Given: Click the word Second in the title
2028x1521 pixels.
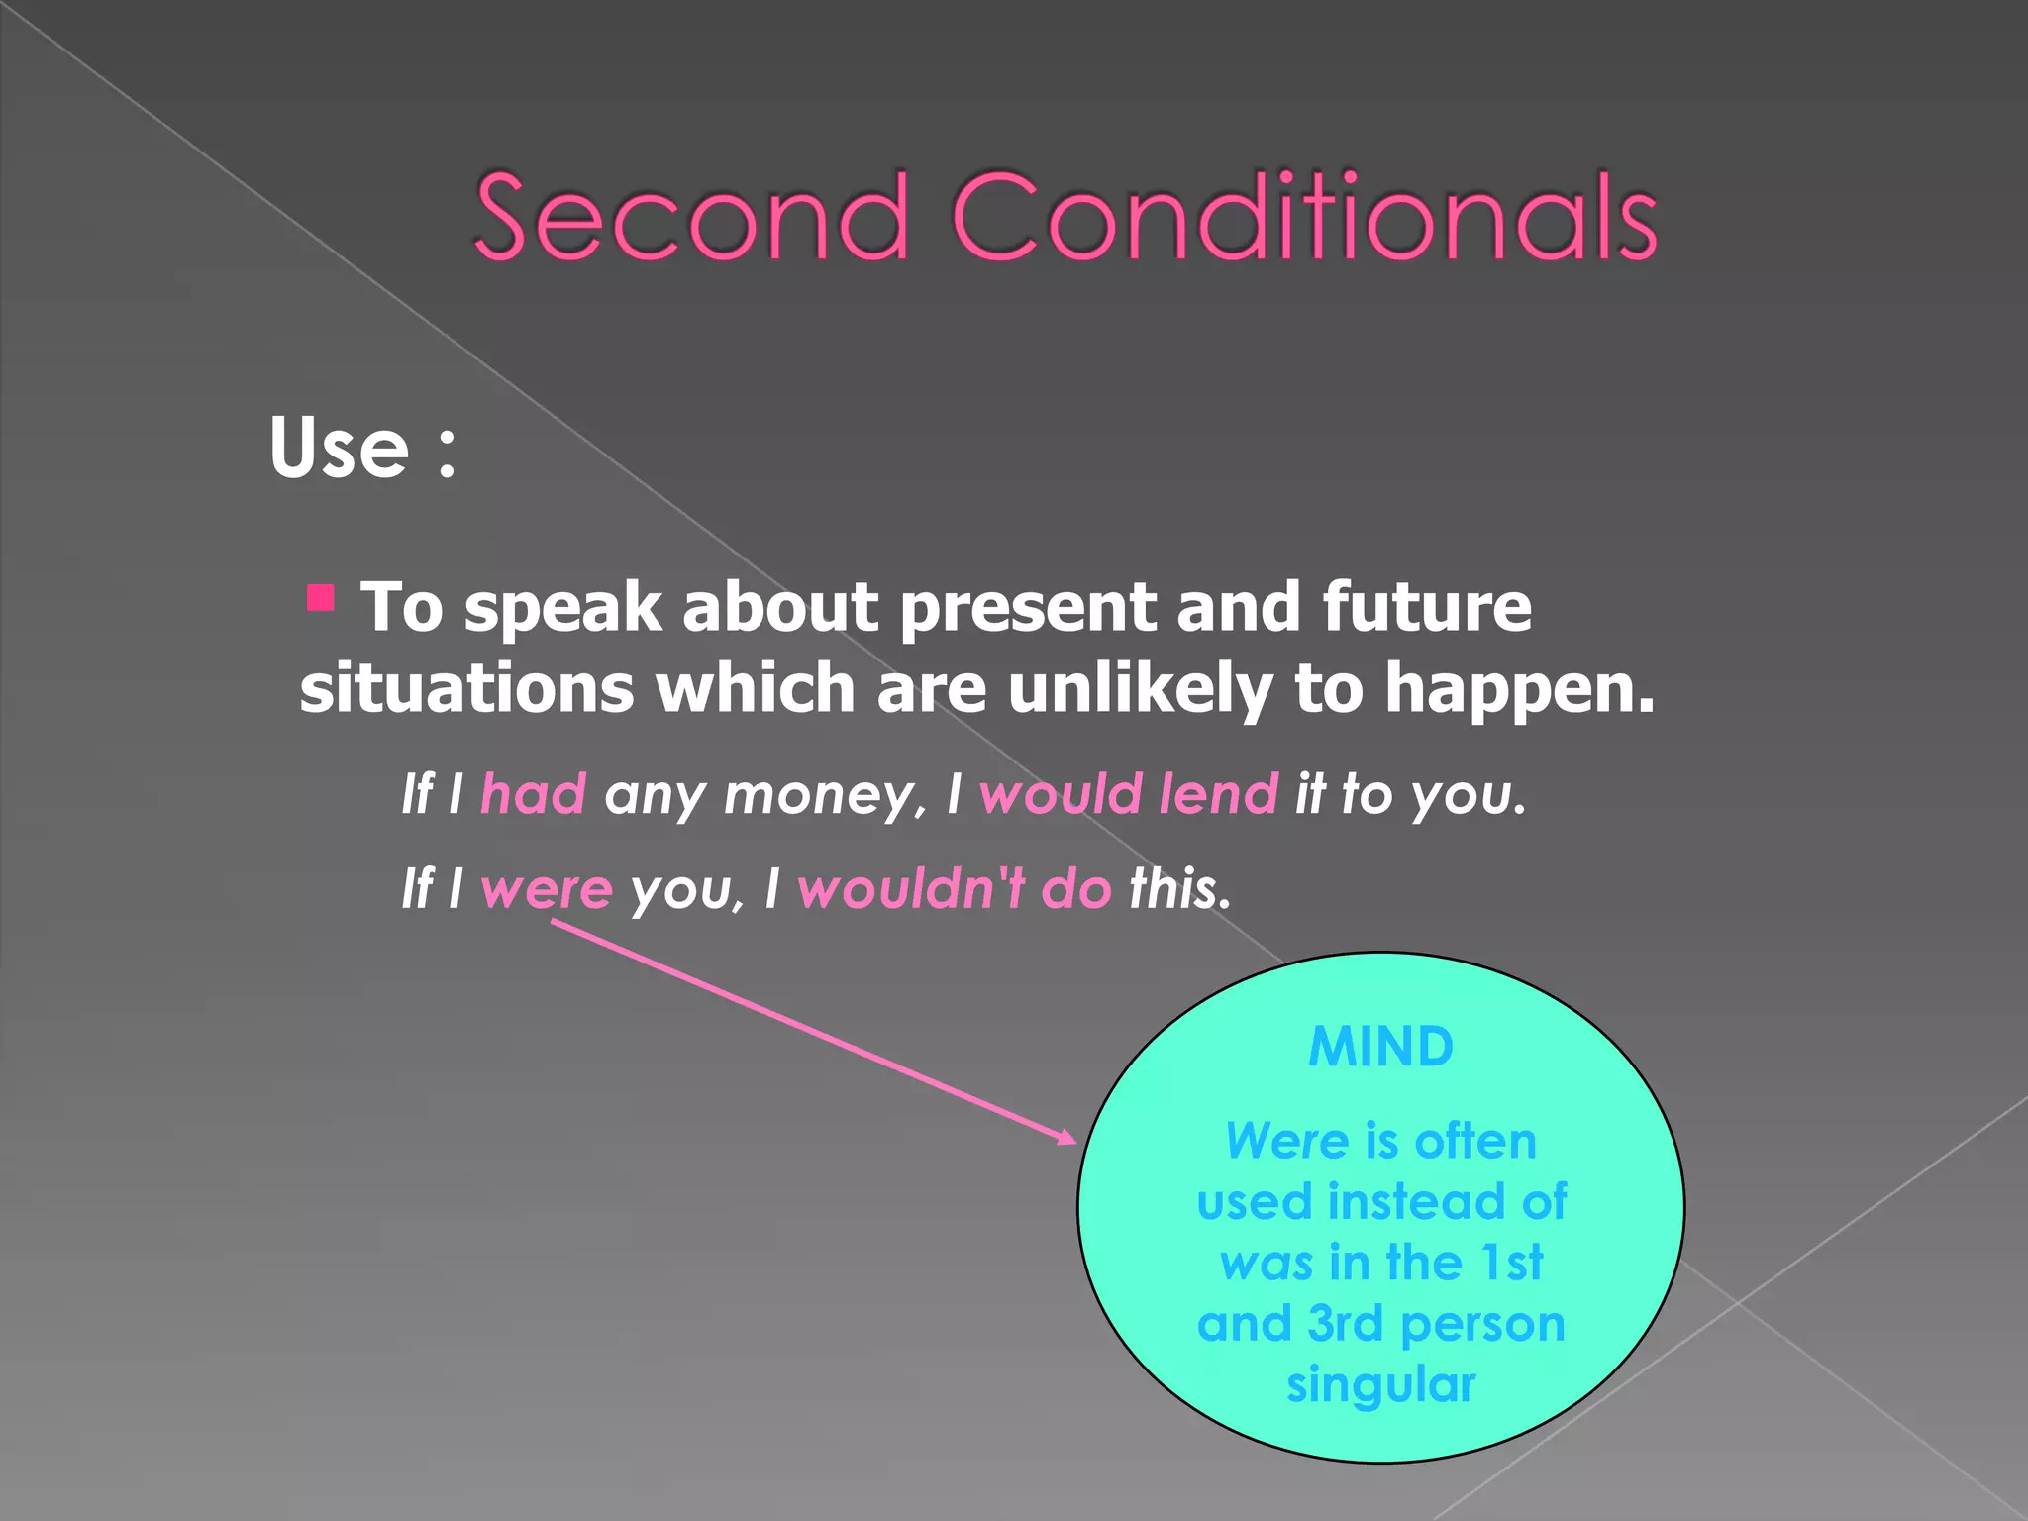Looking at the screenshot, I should (x=690, y=218).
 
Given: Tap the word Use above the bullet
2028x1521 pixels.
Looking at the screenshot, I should (x=339, y=448).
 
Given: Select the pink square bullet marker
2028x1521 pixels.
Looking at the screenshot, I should (x=320, y=598).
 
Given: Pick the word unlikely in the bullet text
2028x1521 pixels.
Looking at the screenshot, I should (x=1140, y=688).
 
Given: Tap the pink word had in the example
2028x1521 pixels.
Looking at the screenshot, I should (x=533, y=795).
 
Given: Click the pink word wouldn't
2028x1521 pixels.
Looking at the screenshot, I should (x=910, y=888).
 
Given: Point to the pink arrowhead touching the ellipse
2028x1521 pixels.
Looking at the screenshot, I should (x=1068, y=1138).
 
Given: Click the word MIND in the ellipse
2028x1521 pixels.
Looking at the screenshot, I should (x=1380, y=1047).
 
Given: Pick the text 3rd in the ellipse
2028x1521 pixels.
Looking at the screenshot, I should (x=1346, y=1325).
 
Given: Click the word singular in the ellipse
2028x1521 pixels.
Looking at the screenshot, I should (x=1380, y=1385).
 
